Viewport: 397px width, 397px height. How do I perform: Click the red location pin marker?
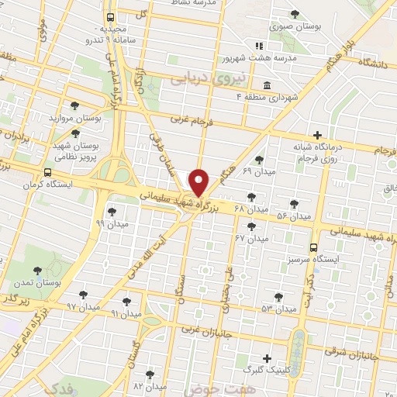(x=199, y=183)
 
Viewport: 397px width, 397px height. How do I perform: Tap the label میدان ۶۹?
(x=258, y=170)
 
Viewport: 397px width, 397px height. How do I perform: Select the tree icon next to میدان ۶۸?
(x=250, y=198)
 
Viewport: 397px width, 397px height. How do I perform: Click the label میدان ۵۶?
(x=293, y=214)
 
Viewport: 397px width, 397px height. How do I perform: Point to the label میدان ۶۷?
(x=253, y=238)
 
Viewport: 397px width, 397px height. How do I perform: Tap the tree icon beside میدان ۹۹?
(x=112, y=211)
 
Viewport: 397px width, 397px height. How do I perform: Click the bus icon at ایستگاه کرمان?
(x=49, y=173)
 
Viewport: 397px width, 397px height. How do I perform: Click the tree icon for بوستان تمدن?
(x=37, y=271)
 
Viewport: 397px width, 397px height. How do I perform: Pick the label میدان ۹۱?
(x=126, y=314)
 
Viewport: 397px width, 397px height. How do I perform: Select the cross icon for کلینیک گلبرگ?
(x=268, y=359)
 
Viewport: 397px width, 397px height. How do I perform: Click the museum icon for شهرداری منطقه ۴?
(x=266, y=85)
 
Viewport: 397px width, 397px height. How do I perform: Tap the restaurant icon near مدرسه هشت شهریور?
(x=260, y=46)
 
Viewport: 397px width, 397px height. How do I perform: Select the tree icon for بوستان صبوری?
(x=294, y=14)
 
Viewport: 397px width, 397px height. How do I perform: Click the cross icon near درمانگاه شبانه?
(x=317, y=135)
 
